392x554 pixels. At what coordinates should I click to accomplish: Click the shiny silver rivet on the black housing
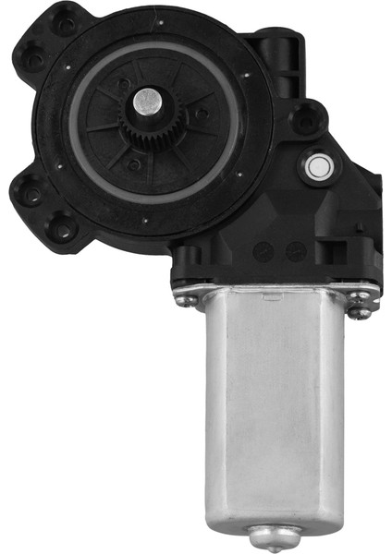[x=317, y=166]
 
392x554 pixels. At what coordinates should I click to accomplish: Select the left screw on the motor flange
[x=186, y=296]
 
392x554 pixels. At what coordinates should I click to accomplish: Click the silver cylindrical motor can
[x=277, y=406]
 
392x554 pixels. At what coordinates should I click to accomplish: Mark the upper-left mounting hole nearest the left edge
[x=34, y=60]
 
